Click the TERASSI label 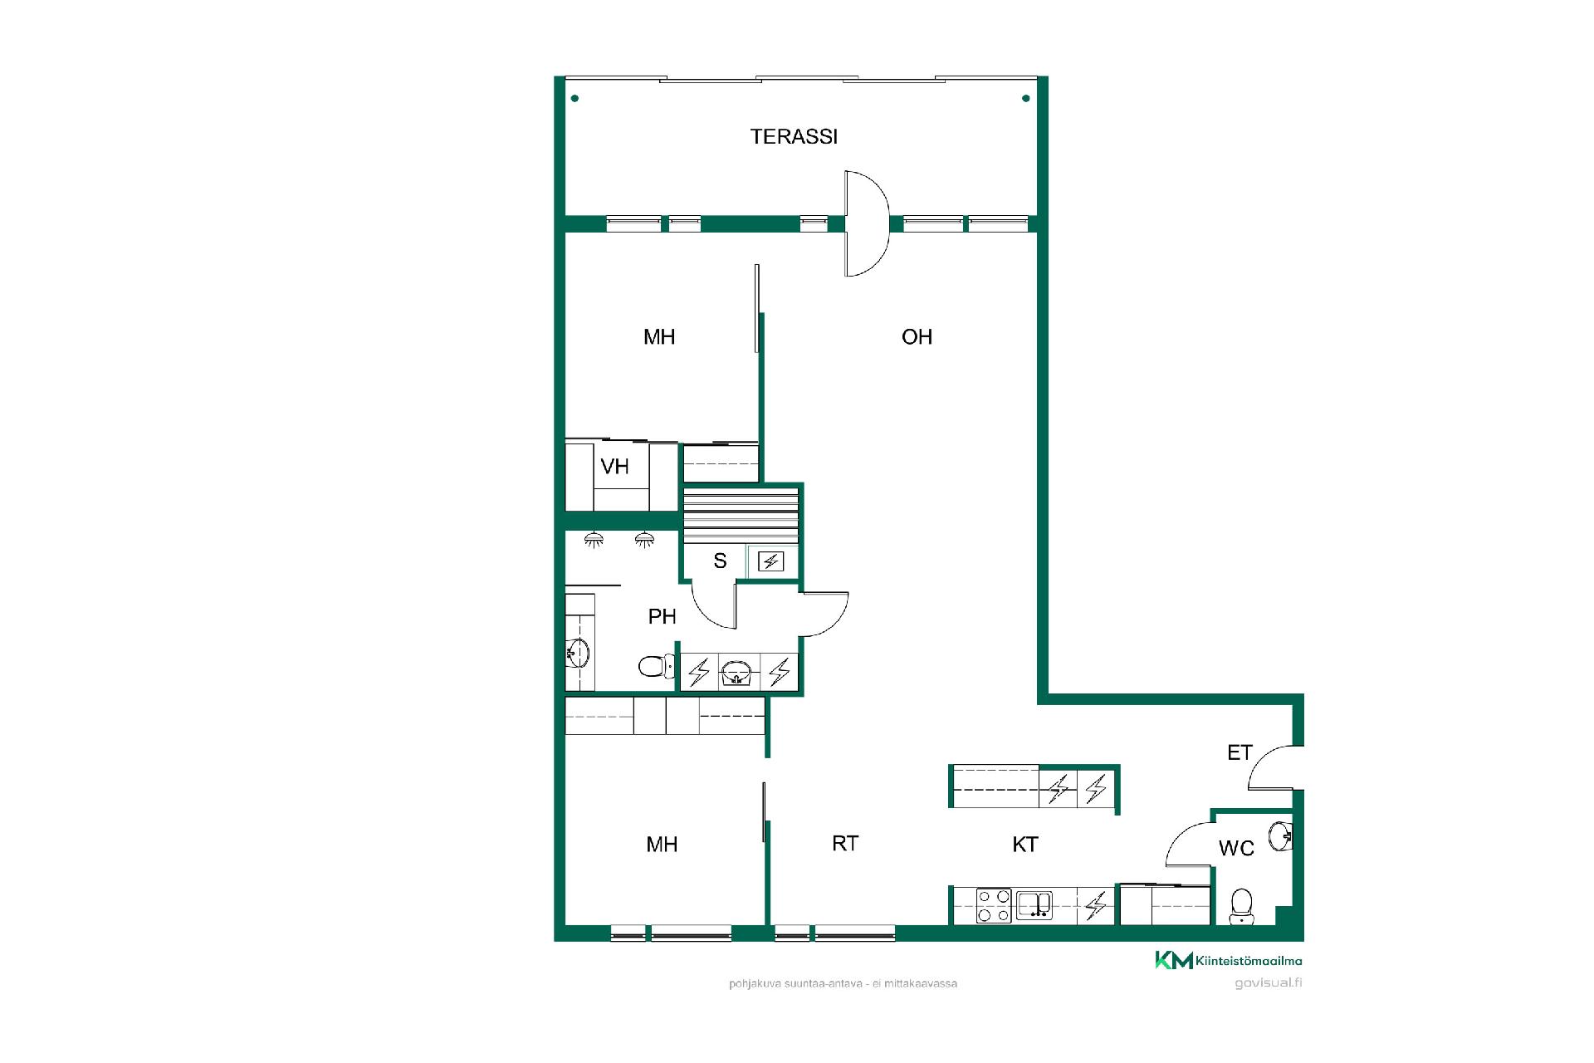pyautogui.click(x=794, y=136)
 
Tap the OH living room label pyautogui.click(x=917, y=336)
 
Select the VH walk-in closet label pyautogui.click(x=614, y=467)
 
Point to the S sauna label pyautogui.click(x=720, y=561)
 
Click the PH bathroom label pyautogui.click(x=662, y=616)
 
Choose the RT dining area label pyautogui.click(x=845, y=844)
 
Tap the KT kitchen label pyautogui.click(x=1025, y=845)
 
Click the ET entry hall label pyautogui.click(x=1240, y=752)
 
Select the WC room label pyautogui.click(x=1236, y=848)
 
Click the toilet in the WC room pyautogui.click(x=1241, y=906)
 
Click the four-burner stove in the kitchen pyautogui.click(x=993, y=906)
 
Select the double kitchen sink pyautogui.click(x=1034, y=905)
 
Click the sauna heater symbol pyautogui.click(x=770, y=562)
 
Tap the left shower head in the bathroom pyautogui.click(x=594, y=540)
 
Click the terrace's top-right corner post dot pyautogui.click(x=1026, y=99)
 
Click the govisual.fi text pyautogui.click(x=1269, y=983)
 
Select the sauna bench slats pyautogui.click(x=741, y=516)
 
